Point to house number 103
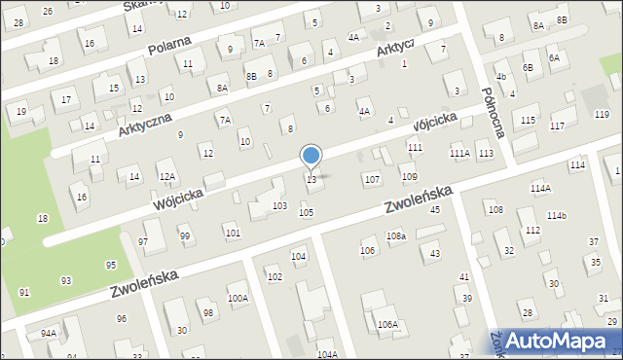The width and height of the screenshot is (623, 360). [279, 206]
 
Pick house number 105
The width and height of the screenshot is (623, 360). [306, 212]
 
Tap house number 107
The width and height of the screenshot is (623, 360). [371, 180]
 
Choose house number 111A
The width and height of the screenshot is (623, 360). [459, 154]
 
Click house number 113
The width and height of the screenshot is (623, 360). [486, 154]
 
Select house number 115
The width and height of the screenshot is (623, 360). [527, 120]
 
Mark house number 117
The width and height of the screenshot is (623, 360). [557, 126]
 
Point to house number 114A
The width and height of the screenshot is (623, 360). [540, 188]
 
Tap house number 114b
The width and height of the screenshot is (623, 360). [556, 215]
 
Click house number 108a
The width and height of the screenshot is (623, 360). [395, 236]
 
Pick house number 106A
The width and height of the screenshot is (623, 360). [387, 324]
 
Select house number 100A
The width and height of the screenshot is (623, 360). [238, 299]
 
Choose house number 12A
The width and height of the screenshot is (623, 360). [167, 176]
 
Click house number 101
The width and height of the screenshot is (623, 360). [232, 233]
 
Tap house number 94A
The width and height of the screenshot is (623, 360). [48, 333]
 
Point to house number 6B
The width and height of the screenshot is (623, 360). [528, 67]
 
